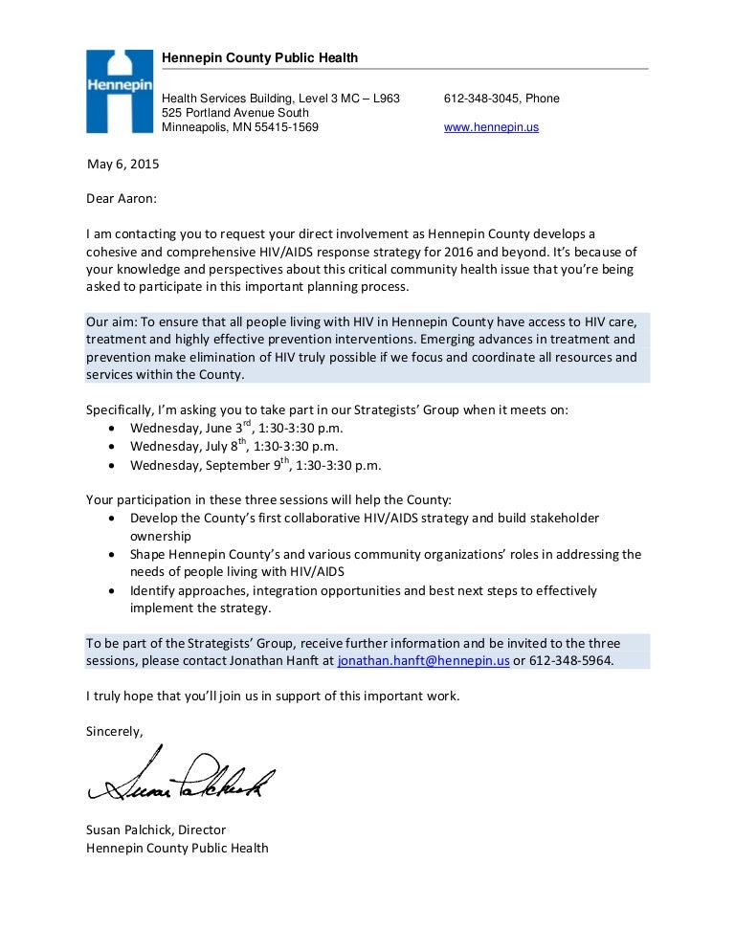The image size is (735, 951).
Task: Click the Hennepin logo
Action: coord(120,91)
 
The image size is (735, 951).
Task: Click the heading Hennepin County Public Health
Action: coord(259,58)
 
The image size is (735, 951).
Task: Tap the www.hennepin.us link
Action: coord(491,127)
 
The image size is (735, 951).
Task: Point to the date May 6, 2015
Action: coord(122,164)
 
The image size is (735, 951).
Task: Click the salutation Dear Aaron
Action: coord(121,199)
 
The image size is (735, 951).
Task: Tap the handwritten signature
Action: coord(181,777)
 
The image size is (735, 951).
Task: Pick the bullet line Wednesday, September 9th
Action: coord(255,466)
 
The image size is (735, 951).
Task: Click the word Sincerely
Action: coord(114,732)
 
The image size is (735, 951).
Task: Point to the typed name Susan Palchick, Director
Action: coord(156,829)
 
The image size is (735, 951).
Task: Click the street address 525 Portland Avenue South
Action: coord(235,113)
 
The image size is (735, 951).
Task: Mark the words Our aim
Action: coord(111,321)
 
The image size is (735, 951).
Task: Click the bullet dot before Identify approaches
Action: coord(114,591)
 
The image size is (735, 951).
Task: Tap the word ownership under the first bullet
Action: coord(161,537)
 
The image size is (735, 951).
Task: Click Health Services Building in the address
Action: coord(229,99)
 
